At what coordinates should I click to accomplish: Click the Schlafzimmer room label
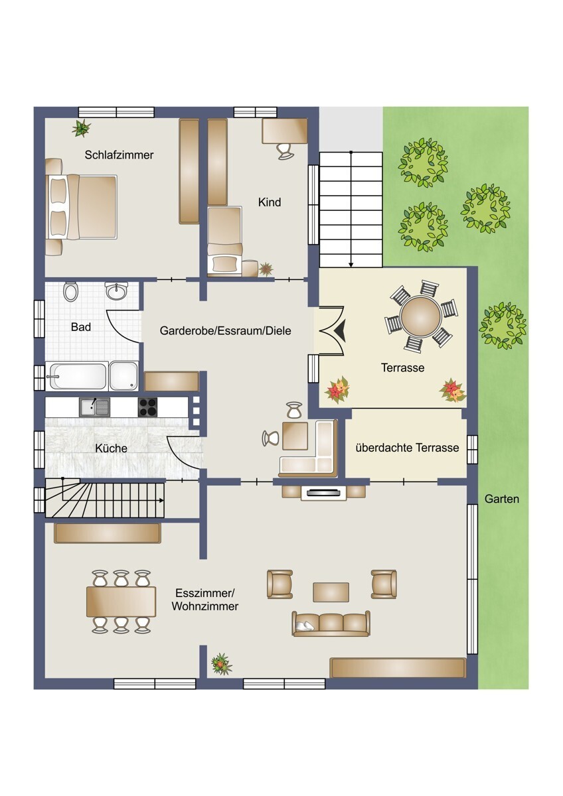coord(119,155)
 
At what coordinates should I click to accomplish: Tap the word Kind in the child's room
coord(270,202)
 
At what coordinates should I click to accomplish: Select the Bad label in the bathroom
coord(81,327)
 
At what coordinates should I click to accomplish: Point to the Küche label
coord(111,448)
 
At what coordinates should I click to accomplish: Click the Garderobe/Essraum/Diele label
coord(226,331)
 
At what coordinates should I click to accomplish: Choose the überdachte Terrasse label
coord(407,447)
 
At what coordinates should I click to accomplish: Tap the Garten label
coord(502,499)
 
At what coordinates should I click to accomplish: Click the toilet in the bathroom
coord(70,291)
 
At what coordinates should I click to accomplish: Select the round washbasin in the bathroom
coord(117,291)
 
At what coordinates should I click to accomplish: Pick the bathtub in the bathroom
coord(76,376)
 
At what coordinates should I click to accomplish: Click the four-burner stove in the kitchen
coord(147,407)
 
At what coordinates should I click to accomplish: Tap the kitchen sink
coord(94,407)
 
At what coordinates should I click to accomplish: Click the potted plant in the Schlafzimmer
coord(82,128)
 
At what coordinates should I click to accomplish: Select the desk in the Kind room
coord(285,131)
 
